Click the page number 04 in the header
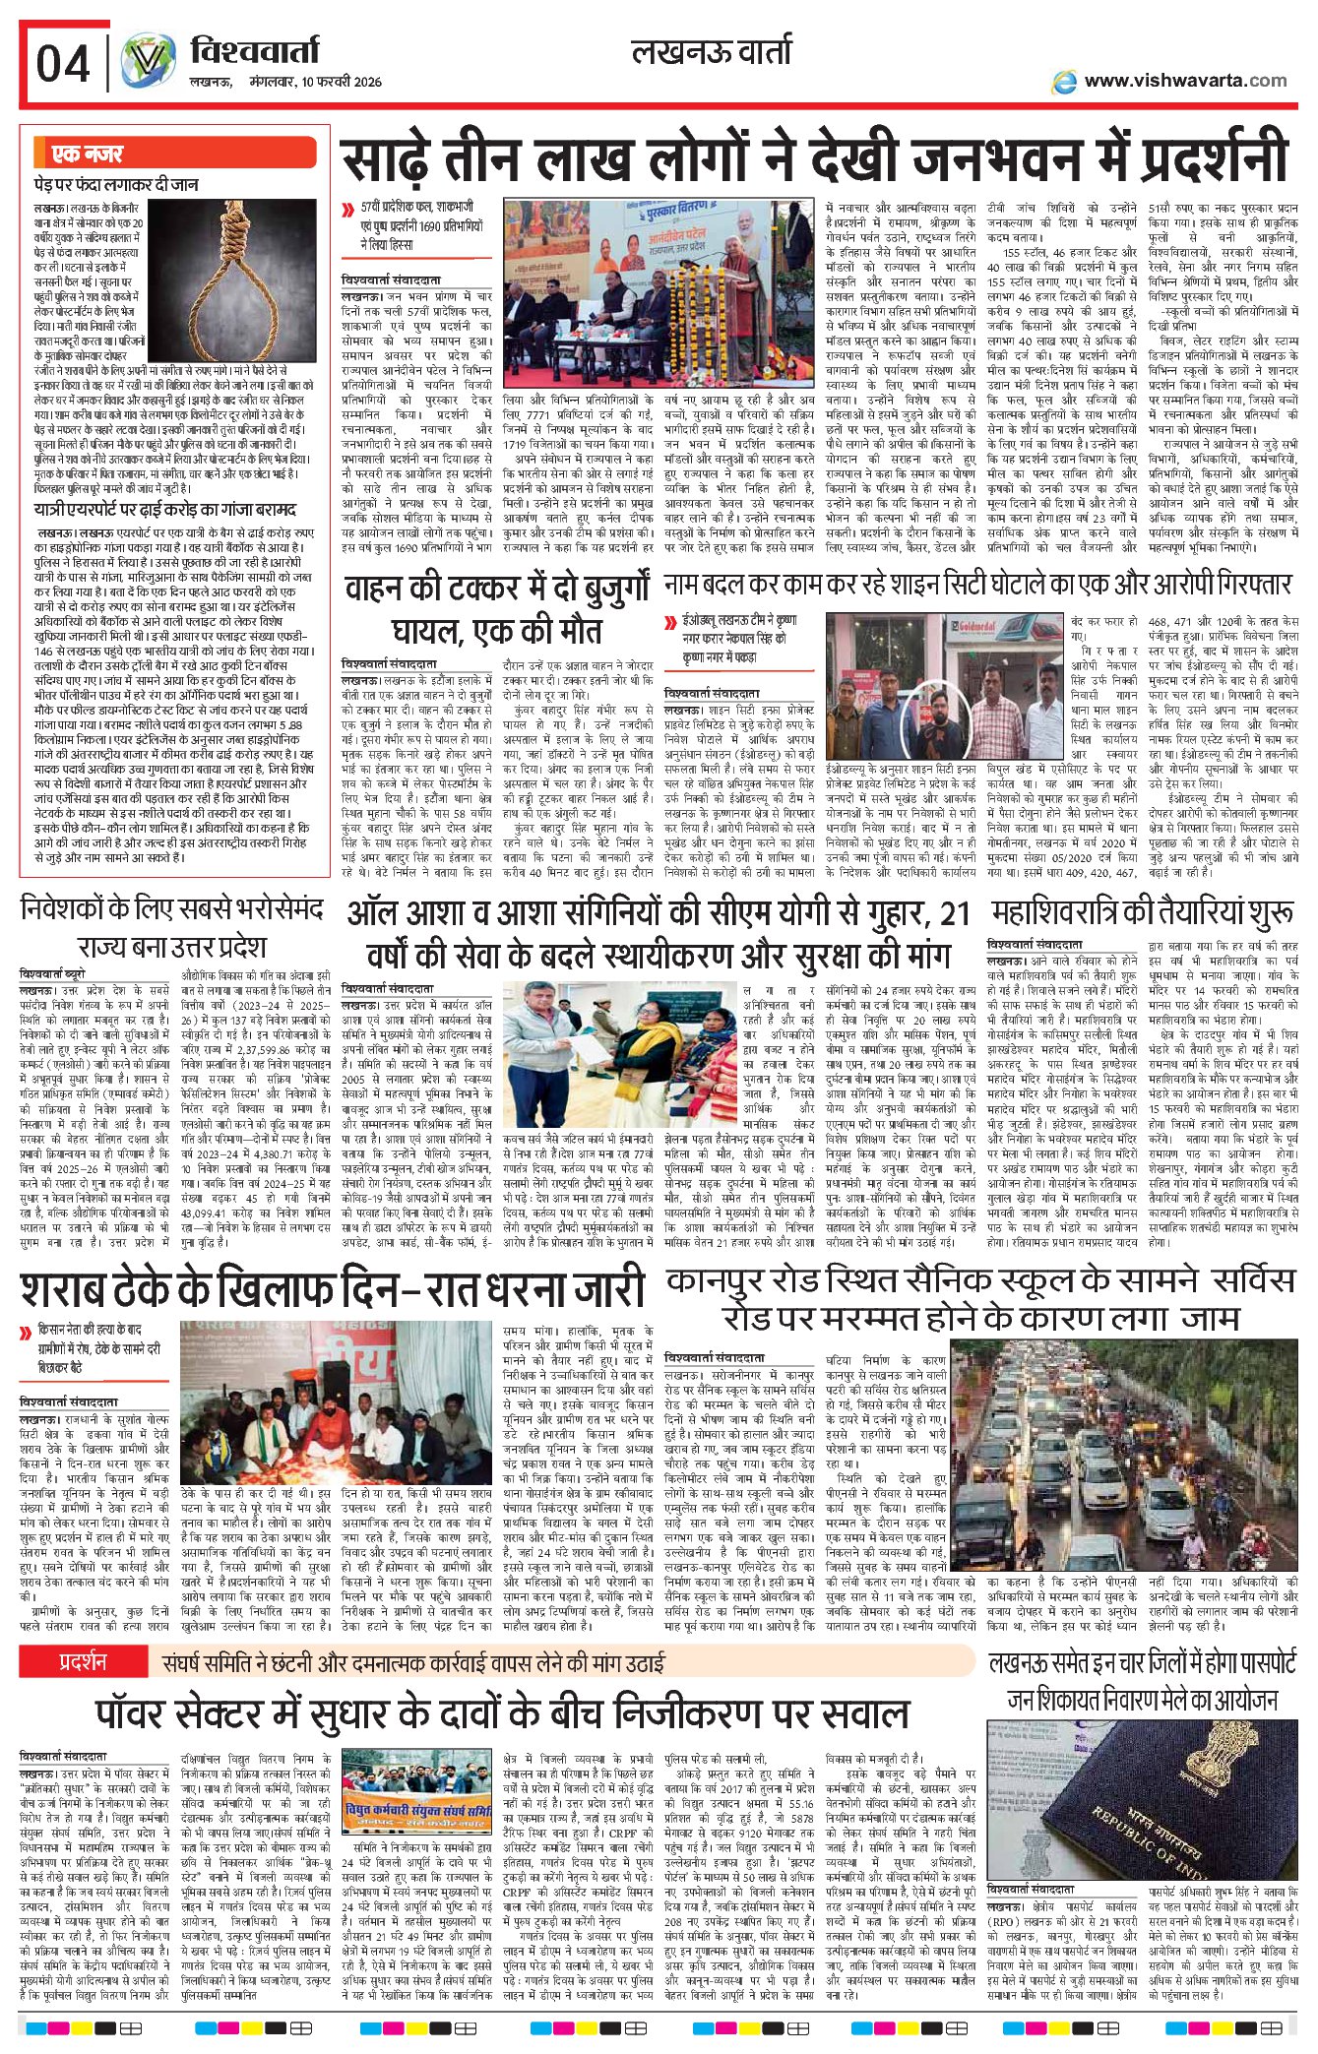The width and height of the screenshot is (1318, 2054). tap(63, 65)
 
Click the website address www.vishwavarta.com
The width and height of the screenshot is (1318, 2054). tap(1184, 81)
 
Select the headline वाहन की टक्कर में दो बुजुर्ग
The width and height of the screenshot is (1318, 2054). tap(497, 588)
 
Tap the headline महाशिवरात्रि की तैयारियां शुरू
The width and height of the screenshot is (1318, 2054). tap(1143, 913)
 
